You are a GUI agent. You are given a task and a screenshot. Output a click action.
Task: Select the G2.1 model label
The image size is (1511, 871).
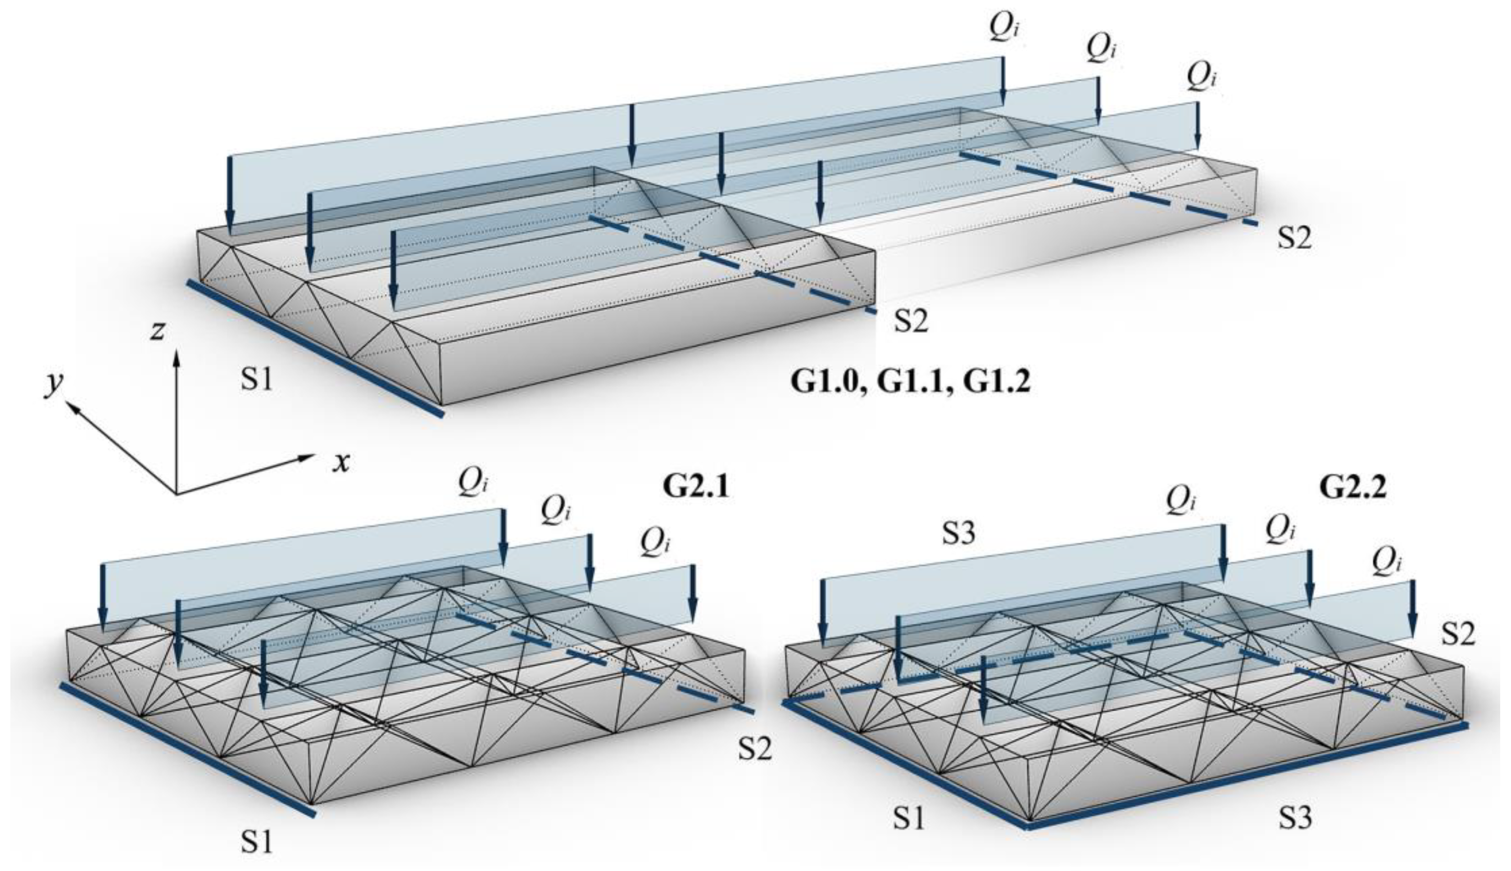[696, 487]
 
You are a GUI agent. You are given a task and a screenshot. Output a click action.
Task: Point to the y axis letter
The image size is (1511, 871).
[54, 385]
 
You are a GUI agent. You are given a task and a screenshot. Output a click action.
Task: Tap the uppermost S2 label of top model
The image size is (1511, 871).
[1294, 238]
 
